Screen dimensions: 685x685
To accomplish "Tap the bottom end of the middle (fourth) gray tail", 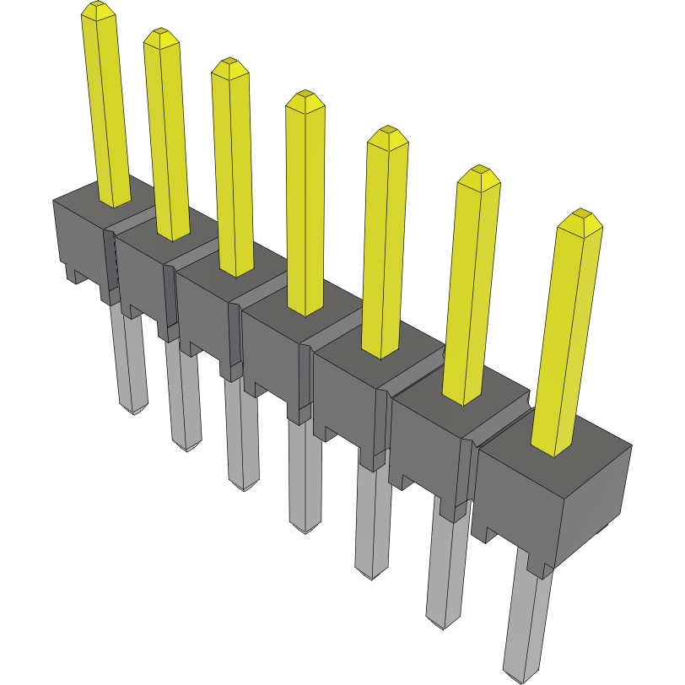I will pos(304,529).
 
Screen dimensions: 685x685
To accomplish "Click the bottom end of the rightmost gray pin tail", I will pos(518,677).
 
